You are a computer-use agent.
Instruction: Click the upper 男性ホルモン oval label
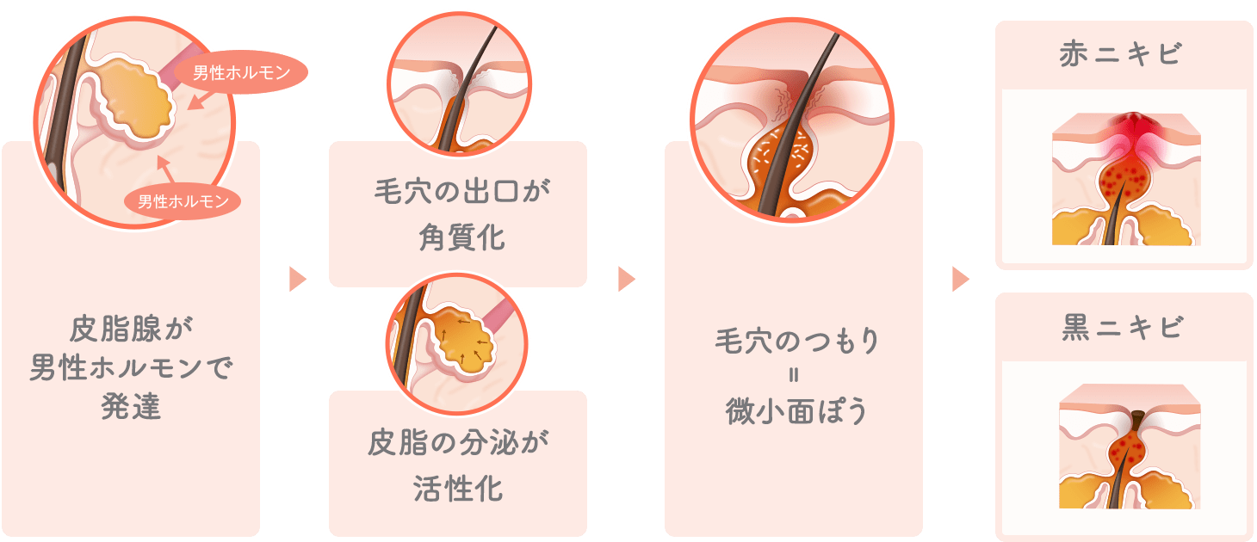point(241,72)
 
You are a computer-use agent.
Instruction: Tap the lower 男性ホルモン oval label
point(183,201)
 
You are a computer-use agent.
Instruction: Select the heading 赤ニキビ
point(1121,54)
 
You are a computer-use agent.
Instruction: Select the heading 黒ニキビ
point(1122,327)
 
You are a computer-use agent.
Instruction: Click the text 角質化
point(461,237)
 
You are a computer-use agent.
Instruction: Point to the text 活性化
point(458,488)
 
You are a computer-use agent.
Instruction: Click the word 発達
point(131,406)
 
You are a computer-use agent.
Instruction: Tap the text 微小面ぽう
point(796,411)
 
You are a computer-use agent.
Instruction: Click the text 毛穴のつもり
point(796,341)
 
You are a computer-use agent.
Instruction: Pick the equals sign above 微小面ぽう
point(794,375)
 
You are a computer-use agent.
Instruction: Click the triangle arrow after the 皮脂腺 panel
point(297,279)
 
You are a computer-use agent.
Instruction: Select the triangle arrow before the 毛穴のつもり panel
point(626,279)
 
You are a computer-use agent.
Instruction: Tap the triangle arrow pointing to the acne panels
point(961,279)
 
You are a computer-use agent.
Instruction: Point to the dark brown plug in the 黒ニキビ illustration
point(1137,421)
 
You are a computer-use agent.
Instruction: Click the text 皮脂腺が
point(131,329)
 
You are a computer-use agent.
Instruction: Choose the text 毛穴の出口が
point(461,191)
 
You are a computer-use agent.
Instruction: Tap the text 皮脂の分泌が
point(458,442)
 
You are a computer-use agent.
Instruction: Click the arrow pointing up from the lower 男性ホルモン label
point(164,169)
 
